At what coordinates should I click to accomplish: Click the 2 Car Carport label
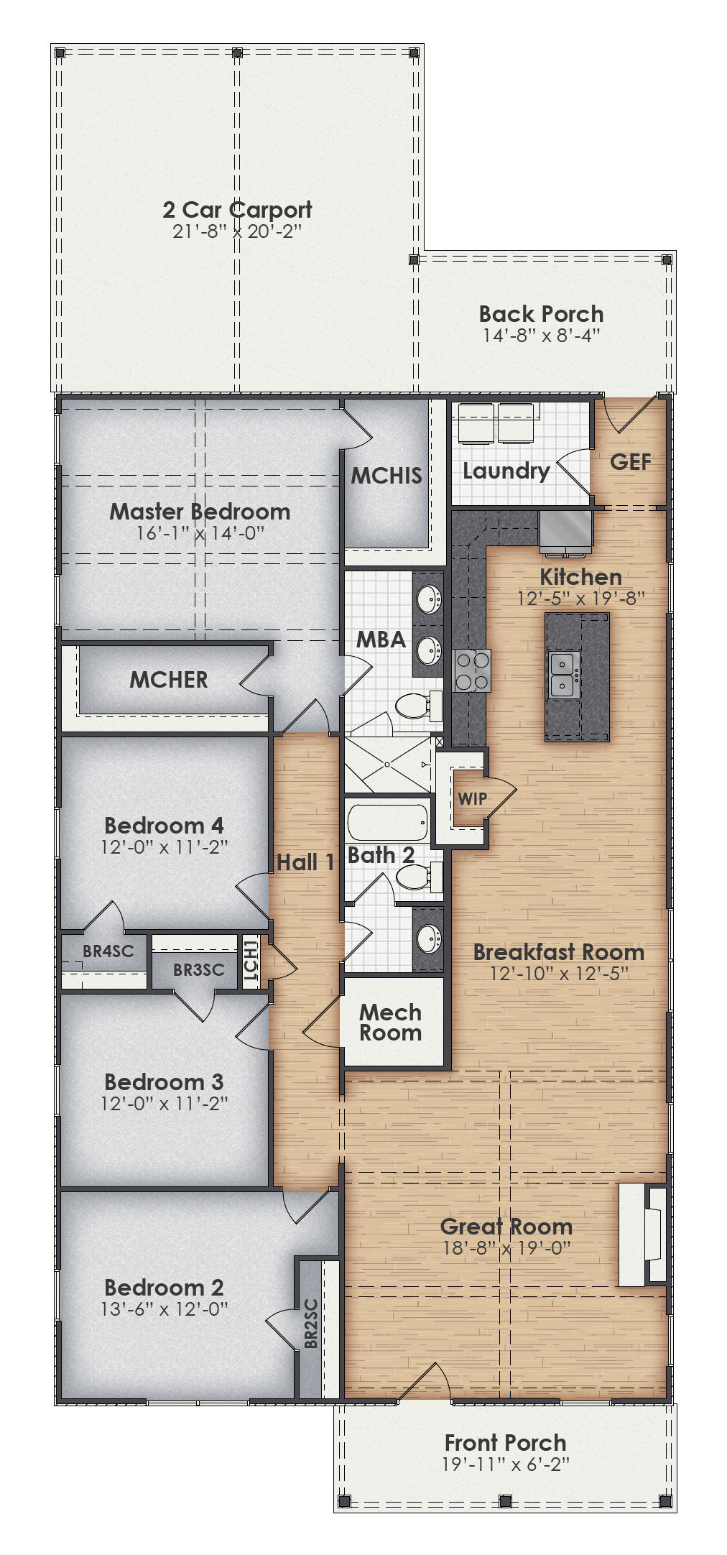coord(237,210)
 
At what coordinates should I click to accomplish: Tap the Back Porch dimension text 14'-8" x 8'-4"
coord(541,335)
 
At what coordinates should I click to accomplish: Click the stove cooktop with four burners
coord(472,670)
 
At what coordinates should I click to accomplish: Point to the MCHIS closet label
coord(386,475)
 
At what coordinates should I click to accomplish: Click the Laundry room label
coord(506,471)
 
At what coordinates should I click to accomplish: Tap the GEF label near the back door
coord(631,462)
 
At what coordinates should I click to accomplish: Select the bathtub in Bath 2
coord(388,821)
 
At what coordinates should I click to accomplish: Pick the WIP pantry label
coord(472,798)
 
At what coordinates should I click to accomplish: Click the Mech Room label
coord(390,1023)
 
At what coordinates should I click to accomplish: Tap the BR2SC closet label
coord(311,1323)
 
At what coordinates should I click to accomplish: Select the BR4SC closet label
coord(108,951)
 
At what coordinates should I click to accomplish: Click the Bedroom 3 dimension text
coord(165,1103)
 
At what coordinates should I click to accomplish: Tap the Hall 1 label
coord(305,862)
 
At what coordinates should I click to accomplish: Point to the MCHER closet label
coord(169,680)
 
